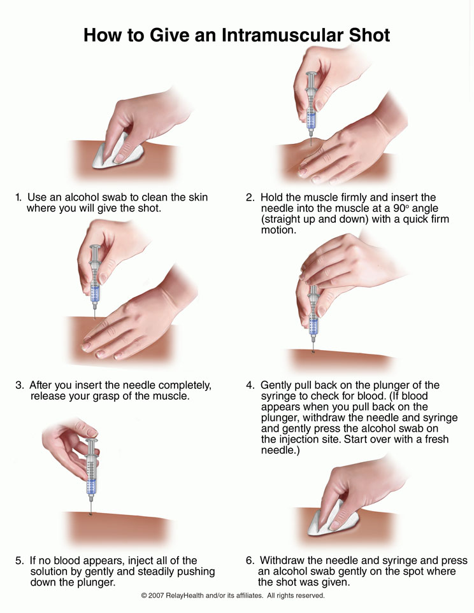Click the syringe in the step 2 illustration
pos(311,106)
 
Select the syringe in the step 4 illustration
pos(313,316)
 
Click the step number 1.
pos(18,197)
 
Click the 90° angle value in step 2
pos(400,208)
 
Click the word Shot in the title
pos(369,35)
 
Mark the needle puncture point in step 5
pos(91,514)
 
